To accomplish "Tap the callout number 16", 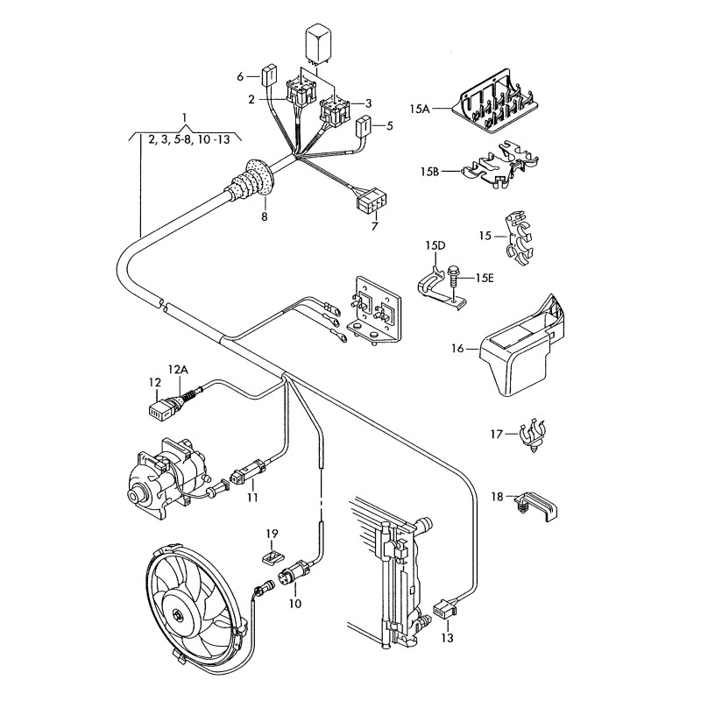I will [x=457, y=349].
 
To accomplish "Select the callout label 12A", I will [x=178, y=370].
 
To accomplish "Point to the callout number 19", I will [x=272, y=534].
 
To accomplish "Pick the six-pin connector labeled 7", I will [x=367, y=202].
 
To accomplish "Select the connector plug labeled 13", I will [x=445, y=606].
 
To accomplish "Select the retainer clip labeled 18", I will [x=536, y=506].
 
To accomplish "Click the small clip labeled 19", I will [x=273, y=554].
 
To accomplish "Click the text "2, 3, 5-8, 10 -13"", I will [x=189, y=138].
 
